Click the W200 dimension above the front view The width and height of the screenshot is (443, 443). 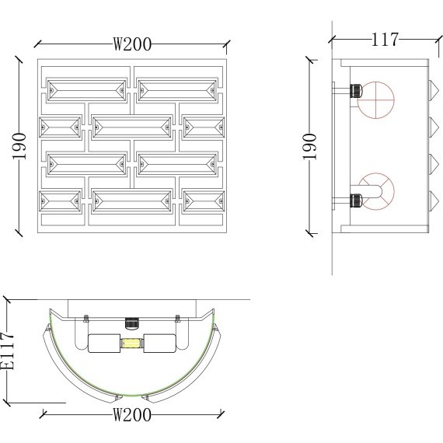pos(132,44)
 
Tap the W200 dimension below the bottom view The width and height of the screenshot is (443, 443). pos(132,415)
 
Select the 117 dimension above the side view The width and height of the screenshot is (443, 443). pos(385,40)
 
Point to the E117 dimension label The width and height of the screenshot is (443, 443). pos(8,351)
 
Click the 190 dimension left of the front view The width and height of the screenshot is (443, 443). pos(19,146)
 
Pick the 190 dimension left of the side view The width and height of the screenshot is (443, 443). pos(309,146)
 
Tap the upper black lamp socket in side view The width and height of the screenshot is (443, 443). pos(356,91)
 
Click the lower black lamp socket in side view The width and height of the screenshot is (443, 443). pos(356,201)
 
